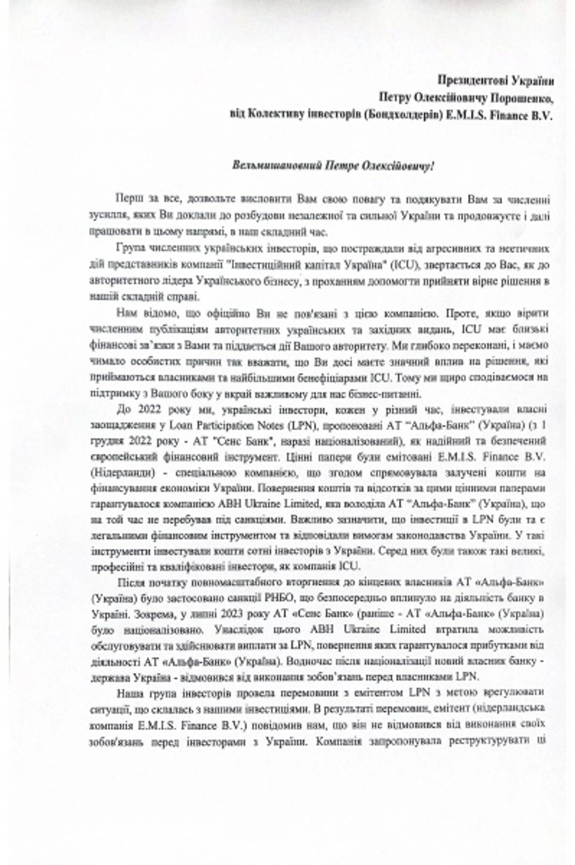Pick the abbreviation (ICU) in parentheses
[402, 265]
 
